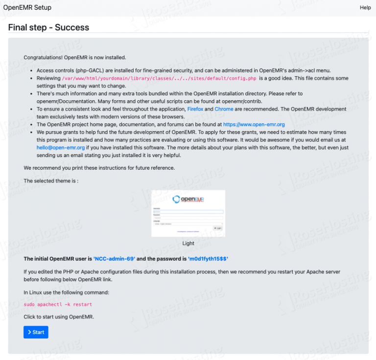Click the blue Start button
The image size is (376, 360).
coord(36,332)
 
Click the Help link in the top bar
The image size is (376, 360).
coord(365,7)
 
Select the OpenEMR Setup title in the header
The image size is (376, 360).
coord(27,7)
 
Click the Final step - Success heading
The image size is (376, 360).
coord(48,27)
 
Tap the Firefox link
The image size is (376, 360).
coord(195,109)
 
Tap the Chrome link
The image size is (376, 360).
coord(224,109)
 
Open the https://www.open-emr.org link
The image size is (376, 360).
coord(254,125)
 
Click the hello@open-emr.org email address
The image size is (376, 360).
coord(61,147)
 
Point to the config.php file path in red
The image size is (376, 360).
coord(159,78)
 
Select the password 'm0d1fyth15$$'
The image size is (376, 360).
coord(208,258)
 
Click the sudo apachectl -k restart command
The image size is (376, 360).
coord(58,304)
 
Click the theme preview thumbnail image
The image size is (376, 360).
coord(188,213)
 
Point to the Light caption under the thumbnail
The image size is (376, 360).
coord(188,243)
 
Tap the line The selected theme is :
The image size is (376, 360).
coord(51,180)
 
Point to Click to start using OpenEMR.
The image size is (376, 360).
coord(58,316)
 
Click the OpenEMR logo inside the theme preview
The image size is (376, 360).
coord(188,199)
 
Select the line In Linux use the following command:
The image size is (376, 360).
coord(66,292)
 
